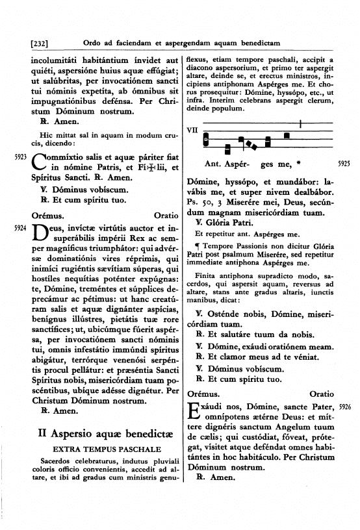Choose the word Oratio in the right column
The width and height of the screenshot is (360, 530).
pos(322,394)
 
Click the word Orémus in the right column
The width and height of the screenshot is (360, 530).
pos(203,394)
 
